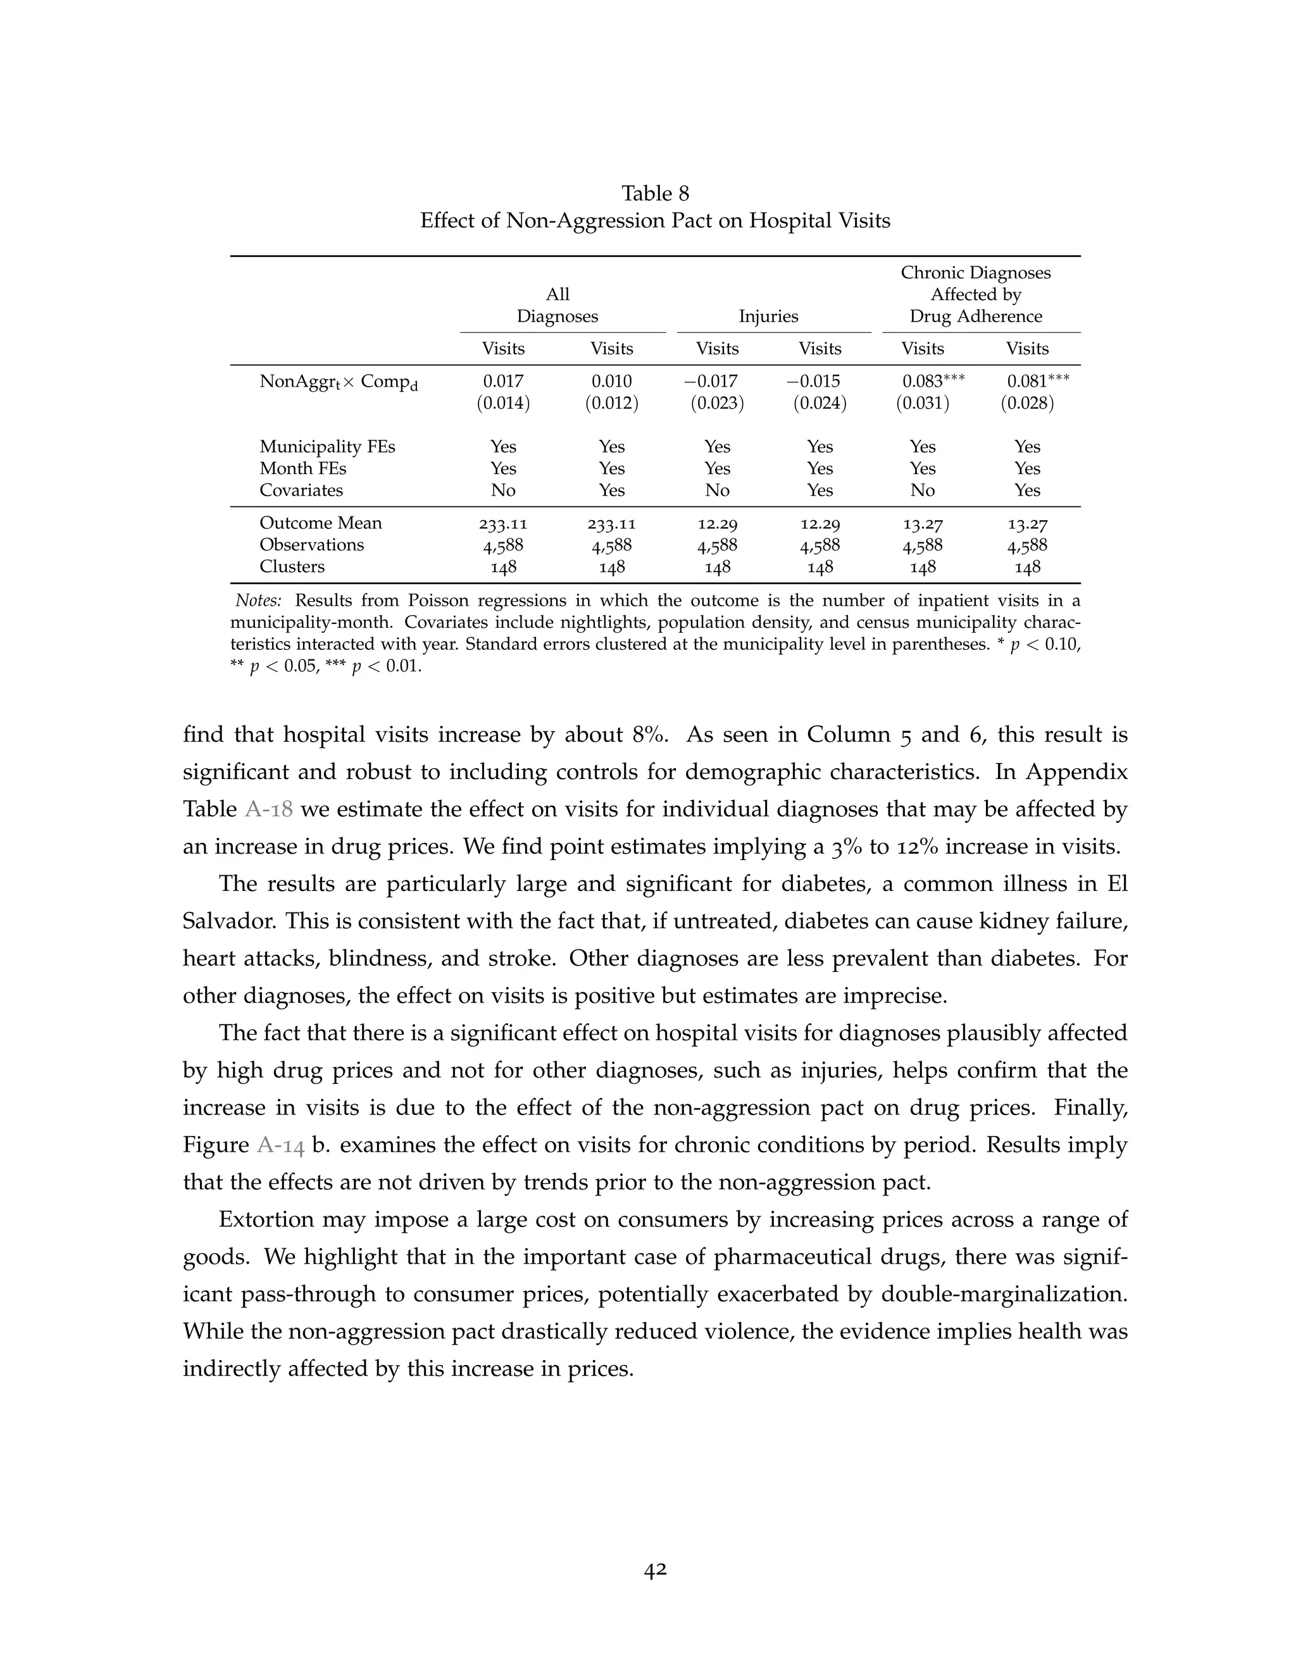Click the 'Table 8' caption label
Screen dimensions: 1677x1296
655,193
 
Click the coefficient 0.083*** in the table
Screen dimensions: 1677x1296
932,381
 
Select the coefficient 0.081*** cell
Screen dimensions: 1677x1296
1037,381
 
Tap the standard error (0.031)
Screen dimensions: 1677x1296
922,403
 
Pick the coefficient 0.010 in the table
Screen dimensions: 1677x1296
611,381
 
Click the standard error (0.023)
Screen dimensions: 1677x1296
717,403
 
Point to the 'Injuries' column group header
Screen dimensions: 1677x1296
768,316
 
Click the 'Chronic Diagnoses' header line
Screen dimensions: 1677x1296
975,273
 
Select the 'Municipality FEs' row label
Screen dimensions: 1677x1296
327,447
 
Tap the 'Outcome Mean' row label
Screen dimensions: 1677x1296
320,523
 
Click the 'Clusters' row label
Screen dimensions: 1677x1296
292,566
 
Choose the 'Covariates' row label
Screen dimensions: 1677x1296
301,490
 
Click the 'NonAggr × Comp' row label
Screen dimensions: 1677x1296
338,382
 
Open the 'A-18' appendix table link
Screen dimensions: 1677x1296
269,809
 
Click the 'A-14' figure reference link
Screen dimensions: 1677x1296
280,1145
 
